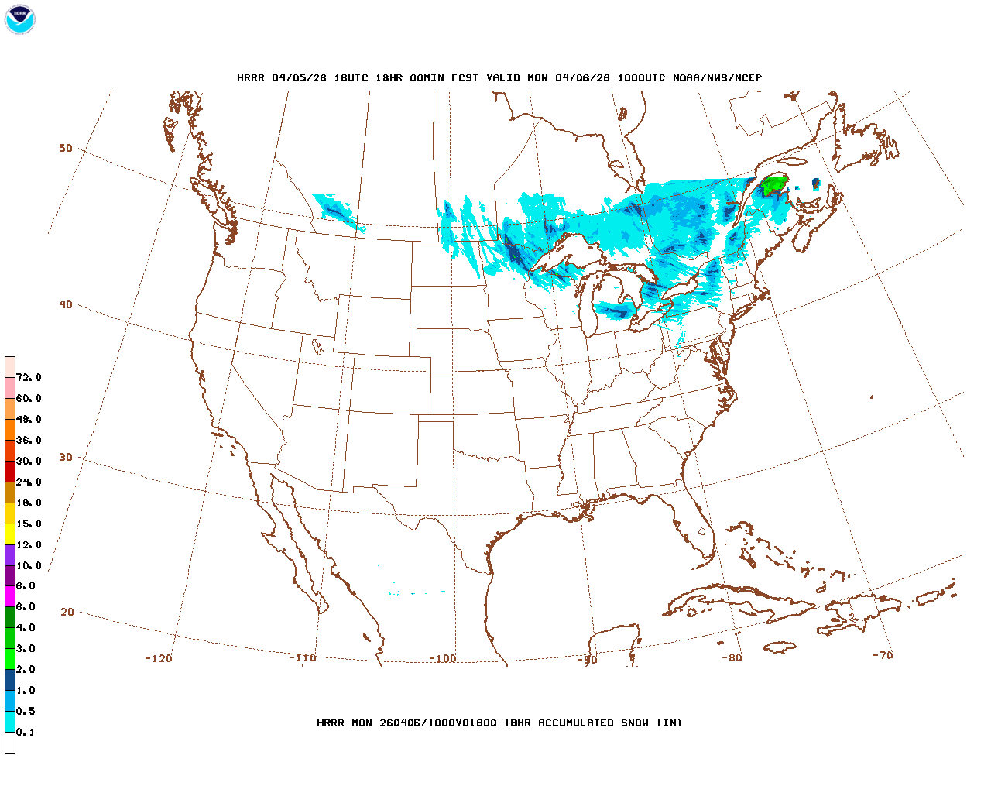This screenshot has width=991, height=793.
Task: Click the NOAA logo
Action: click(19, 19)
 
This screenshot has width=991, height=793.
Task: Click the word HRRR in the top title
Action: click(251, 77)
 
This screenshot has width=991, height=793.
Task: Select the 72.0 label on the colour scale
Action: click(29, 378)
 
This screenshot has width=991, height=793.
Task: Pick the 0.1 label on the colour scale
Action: click(26, 732)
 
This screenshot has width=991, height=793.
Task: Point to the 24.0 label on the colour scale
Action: click(29, 482)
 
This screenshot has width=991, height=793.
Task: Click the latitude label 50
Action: click(66, 148)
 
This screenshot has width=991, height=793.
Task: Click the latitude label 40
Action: click(66, 304)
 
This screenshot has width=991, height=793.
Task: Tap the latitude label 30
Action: click(66, 457)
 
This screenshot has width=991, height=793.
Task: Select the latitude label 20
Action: click(67, 612)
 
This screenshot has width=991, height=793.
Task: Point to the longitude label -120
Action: click(158, 658)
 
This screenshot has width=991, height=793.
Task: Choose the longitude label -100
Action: click(443, 659)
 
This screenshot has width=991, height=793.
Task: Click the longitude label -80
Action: click(732, 657)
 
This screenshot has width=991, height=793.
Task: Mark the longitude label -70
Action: click(883, 655)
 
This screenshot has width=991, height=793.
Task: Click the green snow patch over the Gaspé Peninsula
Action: click(774, 186)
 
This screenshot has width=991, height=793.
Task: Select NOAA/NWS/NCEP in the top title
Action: click(717, 77)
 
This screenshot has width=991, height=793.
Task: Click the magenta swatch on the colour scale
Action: click(10, 596)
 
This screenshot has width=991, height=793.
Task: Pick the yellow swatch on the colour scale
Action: click(10, 534)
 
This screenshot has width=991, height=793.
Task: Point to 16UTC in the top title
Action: click(352, 77)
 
